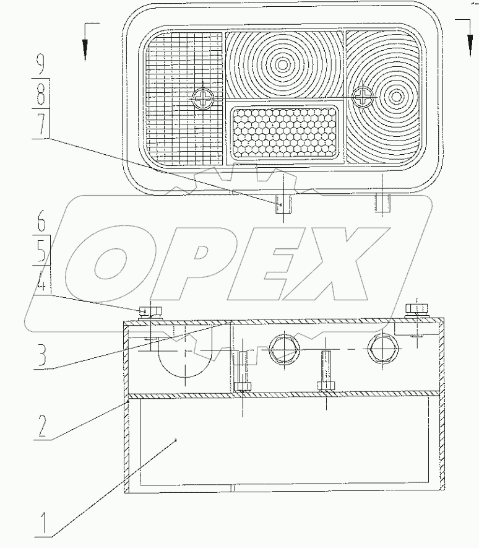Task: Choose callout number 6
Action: pos(41,220)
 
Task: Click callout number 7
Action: pos(41,126)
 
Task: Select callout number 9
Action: pos(41,64)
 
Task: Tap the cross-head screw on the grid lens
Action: pos(202,98)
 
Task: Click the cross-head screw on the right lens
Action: pos(363,96)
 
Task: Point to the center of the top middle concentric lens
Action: pos(283,64)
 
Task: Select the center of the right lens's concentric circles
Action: pos(395,97)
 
